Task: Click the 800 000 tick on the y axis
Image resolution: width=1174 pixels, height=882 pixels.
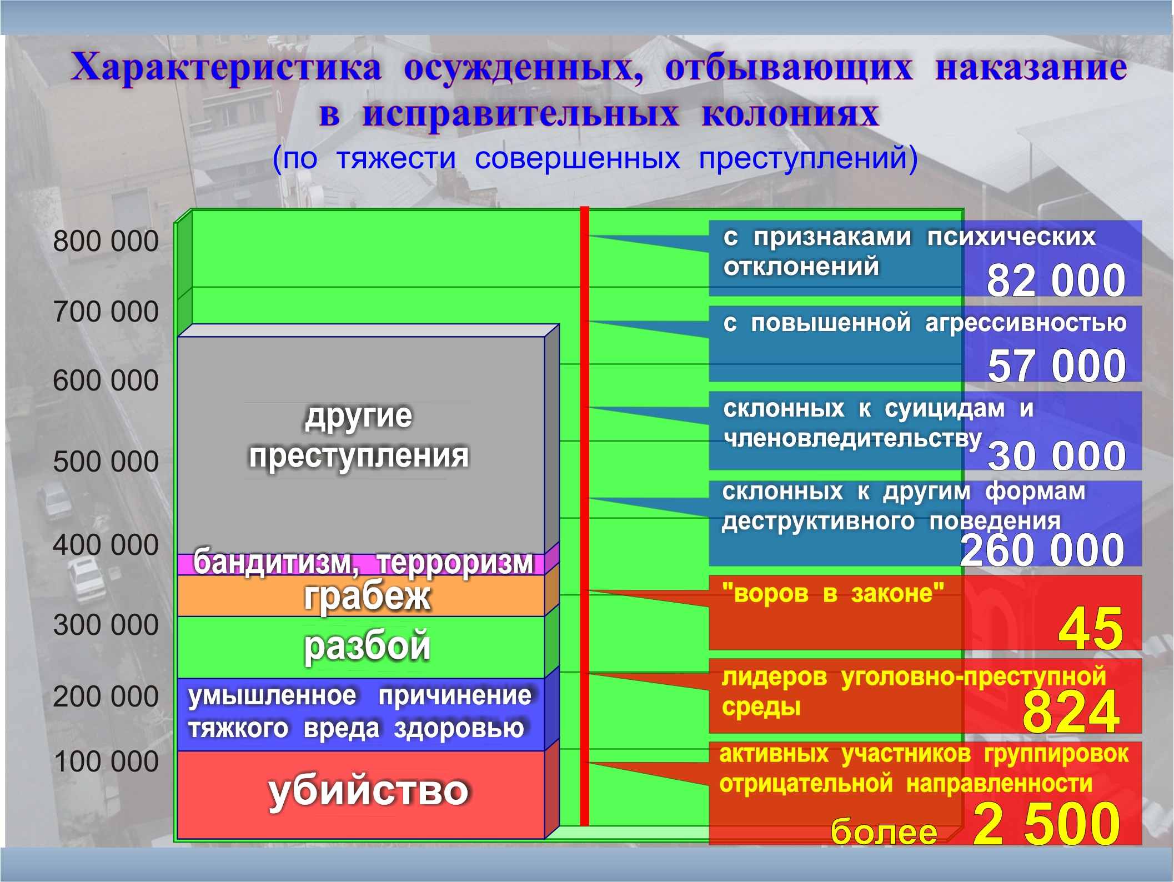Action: tap(106, 242)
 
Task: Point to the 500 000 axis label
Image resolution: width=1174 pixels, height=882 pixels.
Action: tap(106, 462)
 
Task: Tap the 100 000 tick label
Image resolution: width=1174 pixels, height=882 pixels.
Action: tap(106, 761)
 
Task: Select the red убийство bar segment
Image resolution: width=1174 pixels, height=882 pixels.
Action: tap(361, 794)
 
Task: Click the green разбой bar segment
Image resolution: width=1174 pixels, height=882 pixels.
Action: tap(361, 647)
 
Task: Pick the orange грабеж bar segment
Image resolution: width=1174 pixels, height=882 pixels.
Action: tap(361, 595)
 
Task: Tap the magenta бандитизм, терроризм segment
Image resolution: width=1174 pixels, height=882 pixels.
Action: tap(361, 564)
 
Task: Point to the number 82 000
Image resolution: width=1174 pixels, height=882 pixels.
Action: tap(1056, 280)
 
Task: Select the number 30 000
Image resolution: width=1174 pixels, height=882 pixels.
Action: tap(1056, 456)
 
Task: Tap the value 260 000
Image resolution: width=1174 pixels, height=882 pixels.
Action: tap(1042, 550)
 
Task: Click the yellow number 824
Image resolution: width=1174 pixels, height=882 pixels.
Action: tap(1071, 711)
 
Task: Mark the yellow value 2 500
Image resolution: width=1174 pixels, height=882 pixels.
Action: tap(1046, 824)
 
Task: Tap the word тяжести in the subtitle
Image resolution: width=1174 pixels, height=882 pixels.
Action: tap(396, 158)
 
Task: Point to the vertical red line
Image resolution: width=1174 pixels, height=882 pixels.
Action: tap(584, 516)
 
